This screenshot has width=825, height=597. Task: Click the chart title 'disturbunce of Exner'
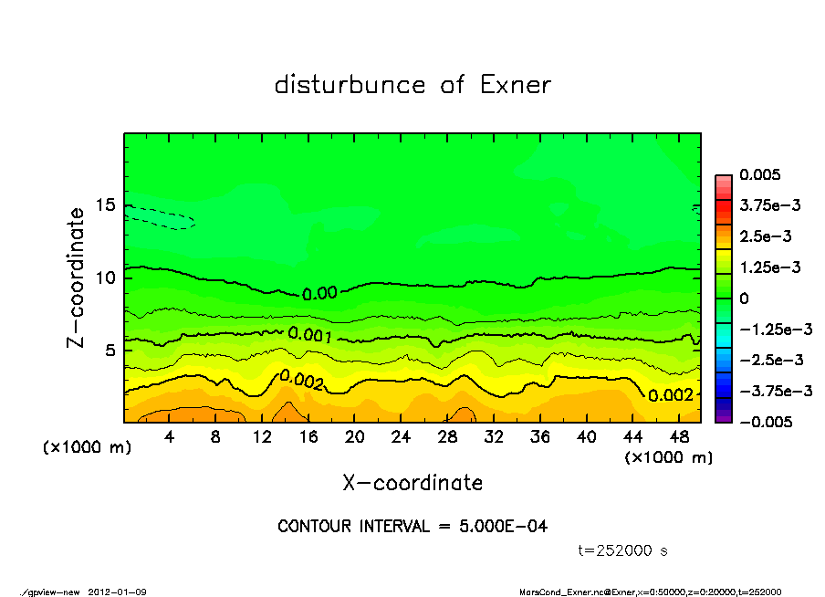click(412, 86)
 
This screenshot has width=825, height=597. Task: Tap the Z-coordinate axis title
click(78, 276)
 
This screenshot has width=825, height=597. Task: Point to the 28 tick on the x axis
click(447, 437)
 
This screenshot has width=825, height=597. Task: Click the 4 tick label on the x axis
click(170, 437)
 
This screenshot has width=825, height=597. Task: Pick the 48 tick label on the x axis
click(679, 437)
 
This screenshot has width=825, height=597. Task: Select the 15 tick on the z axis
click(107, 205)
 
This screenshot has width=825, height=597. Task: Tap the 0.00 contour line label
click(320, 294)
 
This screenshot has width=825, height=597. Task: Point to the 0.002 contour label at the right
click(671, 394)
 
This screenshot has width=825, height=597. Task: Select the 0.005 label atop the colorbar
click(760, 174)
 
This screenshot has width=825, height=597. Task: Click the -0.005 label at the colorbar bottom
click(764, 422)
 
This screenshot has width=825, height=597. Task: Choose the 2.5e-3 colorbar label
click(766, 236)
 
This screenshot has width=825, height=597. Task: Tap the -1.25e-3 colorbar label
click(772, 329)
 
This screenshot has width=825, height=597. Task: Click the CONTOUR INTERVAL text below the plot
click(412, 527)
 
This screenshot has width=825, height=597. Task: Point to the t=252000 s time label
click(623, 550)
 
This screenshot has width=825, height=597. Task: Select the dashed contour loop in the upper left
click(160, 217)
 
